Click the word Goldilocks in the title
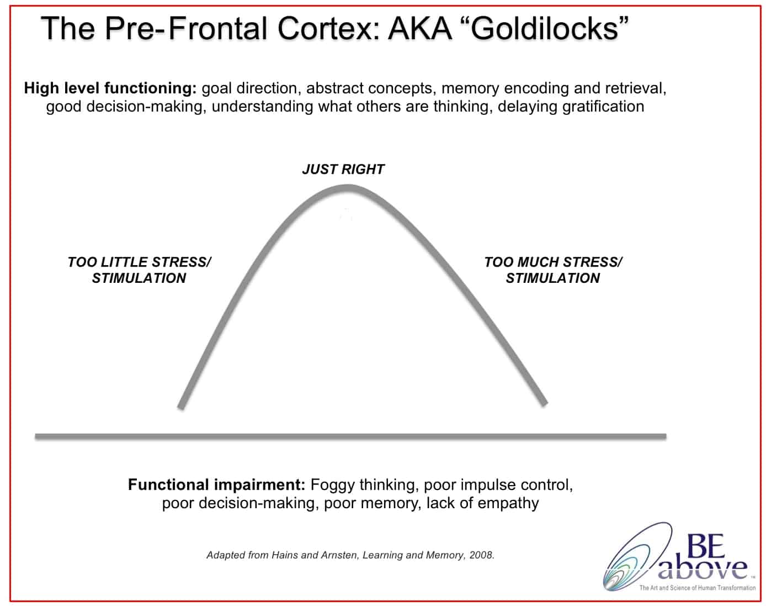(545, 29)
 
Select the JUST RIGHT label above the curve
(343, 169)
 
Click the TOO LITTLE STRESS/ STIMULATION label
(139, 270)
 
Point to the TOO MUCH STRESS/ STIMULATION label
(553, 270)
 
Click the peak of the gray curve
(348, 188)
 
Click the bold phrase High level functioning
(110, 88)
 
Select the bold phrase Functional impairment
(216, 484)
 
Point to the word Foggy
(332, 485)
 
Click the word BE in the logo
(706, 546)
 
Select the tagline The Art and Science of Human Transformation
(698, 588)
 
